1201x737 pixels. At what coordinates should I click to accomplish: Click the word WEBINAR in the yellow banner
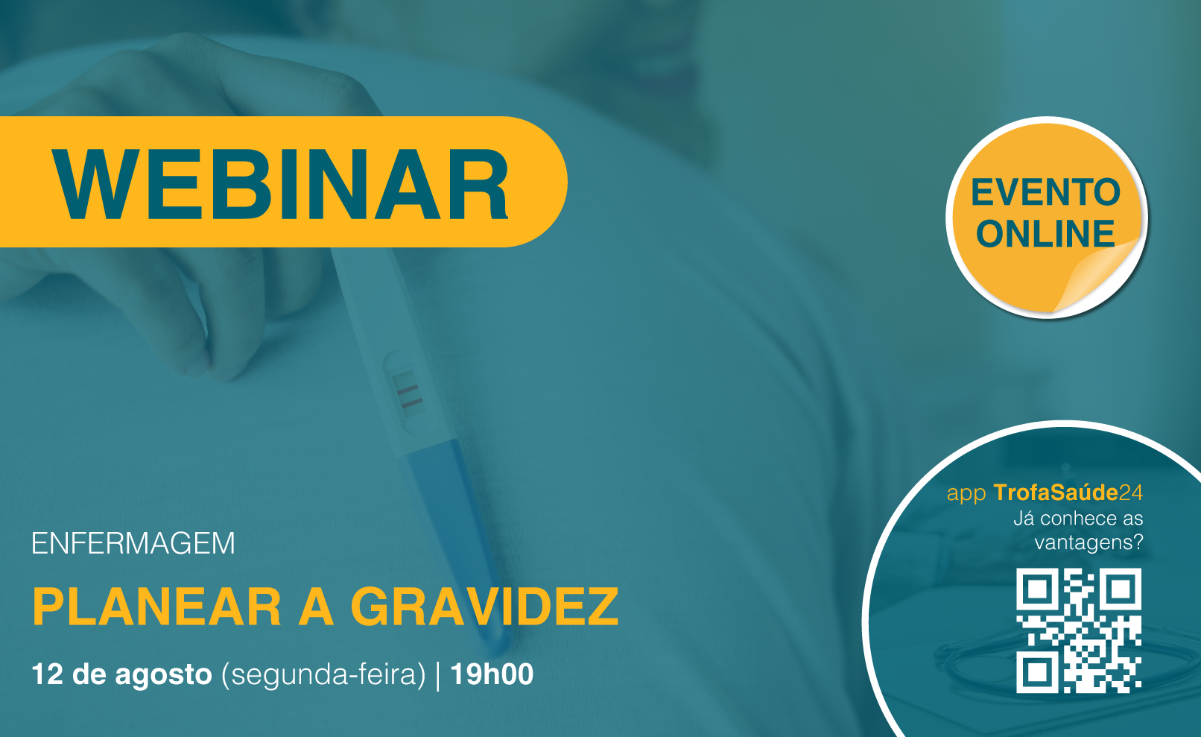coord(279,184)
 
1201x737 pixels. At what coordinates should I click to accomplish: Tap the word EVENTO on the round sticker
coord(1045,192)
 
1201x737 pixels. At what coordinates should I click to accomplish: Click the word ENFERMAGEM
coord(133,543)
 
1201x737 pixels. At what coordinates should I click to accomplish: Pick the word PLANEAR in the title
coord(156,607)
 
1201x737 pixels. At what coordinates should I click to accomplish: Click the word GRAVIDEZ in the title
coord(485,607)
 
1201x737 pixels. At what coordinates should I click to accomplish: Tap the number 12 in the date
coord(47,674)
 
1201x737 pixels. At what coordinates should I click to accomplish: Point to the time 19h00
coord(492,674)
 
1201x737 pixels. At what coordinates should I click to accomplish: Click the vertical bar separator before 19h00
coord(439,675)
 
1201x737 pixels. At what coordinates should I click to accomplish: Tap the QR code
coord(1079,630)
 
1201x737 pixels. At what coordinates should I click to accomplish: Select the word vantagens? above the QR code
coord(1088,543)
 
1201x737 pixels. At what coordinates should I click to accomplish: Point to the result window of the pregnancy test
coord(407,393)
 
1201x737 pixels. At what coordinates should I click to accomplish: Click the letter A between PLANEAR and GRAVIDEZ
coord(317,607)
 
